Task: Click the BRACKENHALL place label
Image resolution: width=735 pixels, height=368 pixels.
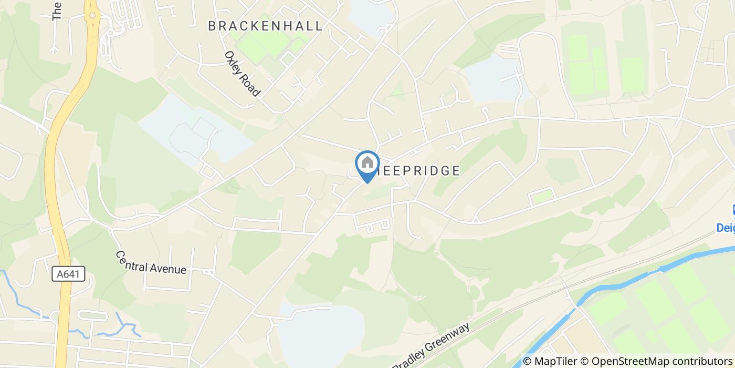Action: click(x=265, y=26)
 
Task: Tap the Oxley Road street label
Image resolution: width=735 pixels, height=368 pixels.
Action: click(x=242, y=74)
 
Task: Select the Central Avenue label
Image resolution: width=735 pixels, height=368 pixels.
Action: click(x=151, y=262)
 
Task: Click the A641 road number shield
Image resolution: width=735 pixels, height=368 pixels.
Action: click(x=69, y=274)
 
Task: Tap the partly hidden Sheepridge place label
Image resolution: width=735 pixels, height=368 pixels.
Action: click(x=420, y=170)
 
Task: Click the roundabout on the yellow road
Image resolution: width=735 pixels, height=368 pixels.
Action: click(x=93, y=15)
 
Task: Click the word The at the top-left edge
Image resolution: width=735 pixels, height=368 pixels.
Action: click(x=57, y=11)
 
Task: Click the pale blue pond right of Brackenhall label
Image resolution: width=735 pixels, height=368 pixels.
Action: click(x=370, y=16)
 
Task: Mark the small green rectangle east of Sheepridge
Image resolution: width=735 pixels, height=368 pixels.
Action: click(x=542, y=196)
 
